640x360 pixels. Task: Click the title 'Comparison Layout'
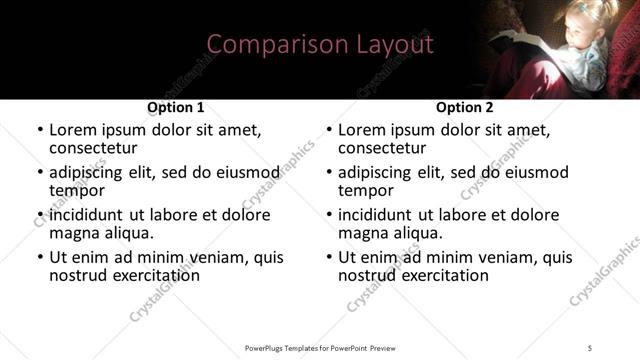[320, 45]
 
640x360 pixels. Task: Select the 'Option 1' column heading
[176, 107]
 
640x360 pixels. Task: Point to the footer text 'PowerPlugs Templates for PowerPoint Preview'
[320, 348]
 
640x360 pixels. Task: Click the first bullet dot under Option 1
[40, 131]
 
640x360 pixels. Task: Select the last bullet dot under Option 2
[329, 258]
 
